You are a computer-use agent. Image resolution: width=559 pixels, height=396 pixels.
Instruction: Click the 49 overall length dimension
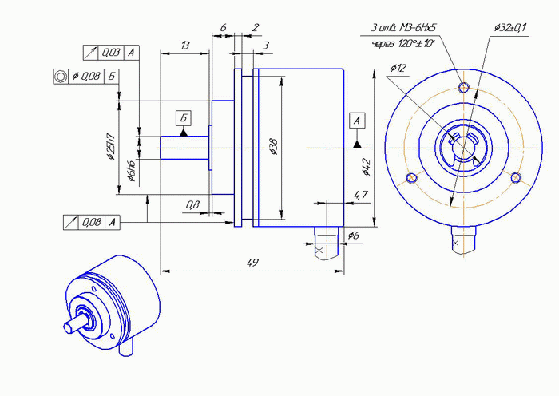coord(252,263)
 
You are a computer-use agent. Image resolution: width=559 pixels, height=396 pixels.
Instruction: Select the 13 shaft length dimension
coord(185,46)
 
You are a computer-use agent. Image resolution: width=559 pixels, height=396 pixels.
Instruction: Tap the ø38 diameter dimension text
coord(274,146)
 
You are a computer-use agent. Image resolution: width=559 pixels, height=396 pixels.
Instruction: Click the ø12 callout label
coord(399,68)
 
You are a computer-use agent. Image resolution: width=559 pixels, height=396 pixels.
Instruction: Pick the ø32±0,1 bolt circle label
coord(510,28)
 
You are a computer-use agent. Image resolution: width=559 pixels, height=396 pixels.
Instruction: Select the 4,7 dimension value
coord(360,194)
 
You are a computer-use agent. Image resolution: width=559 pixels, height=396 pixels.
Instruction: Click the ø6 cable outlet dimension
coord(355,235)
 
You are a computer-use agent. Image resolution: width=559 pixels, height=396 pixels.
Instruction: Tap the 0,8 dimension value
coord(192,205)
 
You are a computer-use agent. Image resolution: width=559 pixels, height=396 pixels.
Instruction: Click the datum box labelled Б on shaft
coord(184,119)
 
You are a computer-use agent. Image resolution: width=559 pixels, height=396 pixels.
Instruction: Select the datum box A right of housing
coord(358,121)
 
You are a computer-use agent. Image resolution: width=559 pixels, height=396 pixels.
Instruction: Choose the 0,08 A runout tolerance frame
coord(92,221)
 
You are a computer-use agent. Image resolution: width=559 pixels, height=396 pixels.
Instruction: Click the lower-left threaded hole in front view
coord(411,177)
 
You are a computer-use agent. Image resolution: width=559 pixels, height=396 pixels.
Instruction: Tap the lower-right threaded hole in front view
coord(517,178)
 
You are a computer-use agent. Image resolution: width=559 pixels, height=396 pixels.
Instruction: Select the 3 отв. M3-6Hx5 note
coord(403,28)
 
